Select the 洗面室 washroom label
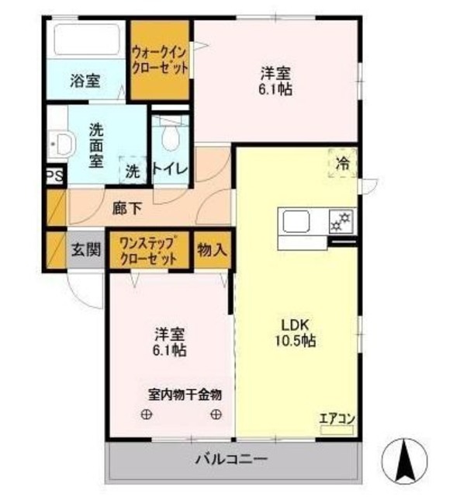click(x=96, y=145)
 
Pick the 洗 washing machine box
click(x=133, y=170)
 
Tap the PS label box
click(x=54, y=176)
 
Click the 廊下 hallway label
click(x=127, y=208)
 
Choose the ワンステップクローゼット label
click(x=150, y=249)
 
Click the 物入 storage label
click(x=211, y=249)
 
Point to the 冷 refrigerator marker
click(x=342, y=163)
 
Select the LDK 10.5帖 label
click(x=296, y=332)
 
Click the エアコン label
click(x=337, y=419)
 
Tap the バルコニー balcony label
click(x=231, y=459)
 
